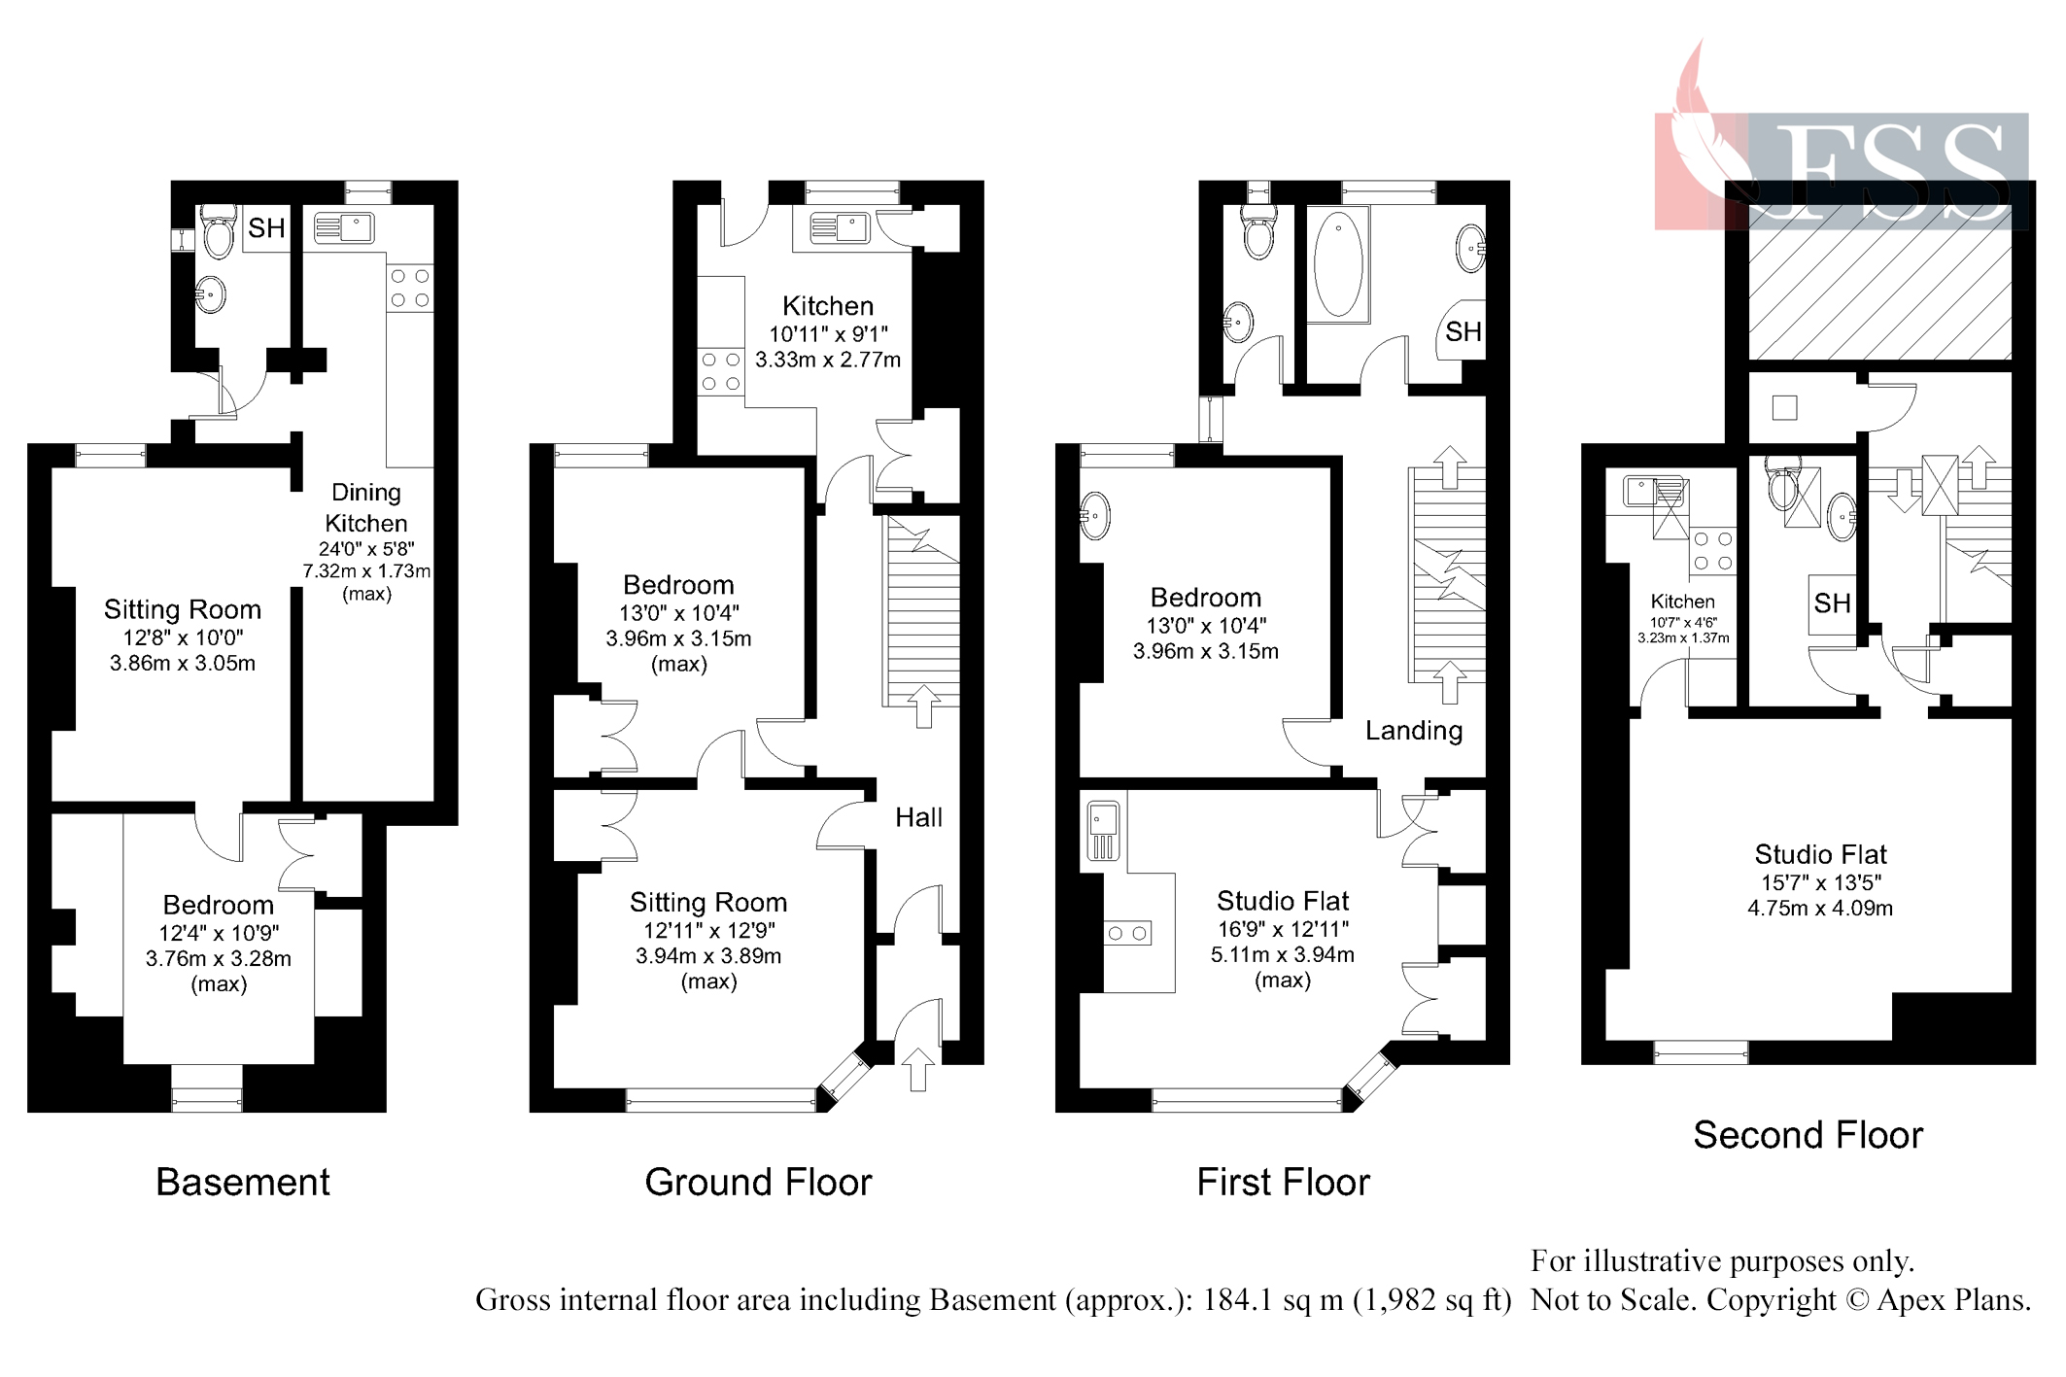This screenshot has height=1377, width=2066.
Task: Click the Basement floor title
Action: click(x=242, y=1182)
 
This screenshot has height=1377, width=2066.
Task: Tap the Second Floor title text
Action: click(x=1807, y=1135)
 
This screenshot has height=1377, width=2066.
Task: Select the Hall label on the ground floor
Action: click(x=917, y=817)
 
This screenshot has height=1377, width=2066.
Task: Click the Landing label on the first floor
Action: click(x=1413, y=731)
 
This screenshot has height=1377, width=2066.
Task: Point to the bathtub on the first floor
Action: click(x=1337, y=264)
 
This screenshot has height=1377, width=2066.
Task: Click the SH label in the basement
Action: click(x=266, y=228)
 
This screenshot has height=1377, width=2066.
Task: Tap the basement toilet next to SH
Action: click(x=219, y=231)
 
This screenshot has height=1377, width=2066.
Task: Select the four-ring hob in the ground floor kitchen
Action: click(x=720, y=372)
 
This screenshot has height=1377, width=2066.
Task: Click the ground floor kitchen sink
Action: click(x=839, y=228)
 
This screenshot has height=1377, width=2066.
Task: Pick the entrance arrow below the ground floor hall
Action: click(x=917, y=1069)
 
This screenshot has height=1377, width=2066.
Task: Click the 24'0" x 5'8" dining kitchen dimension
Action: click(x=366, y=549)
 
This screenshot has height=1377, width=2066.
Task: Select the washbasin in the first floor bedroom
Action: click(x=1094, y=515)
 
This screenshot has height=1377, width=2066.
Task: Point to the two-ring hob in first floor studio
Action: click(x=1127, y=933)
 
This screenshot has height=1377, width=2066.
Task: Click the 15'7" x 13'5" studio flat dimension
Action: click(x=1820, y=882)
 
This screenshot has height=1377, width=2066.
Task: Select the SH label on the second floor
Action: click(x=1832, y=603)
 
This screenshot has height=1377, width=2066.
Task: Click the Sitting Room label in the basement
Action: click(x=183, y=609)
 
